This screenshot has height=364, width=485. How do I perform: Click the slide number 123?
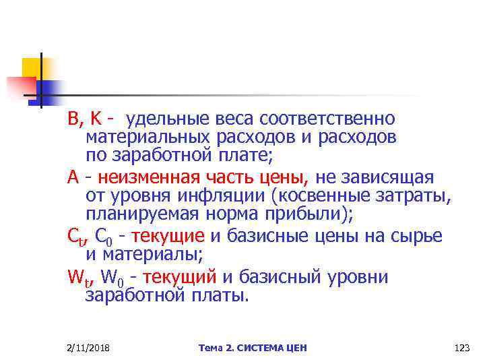462,348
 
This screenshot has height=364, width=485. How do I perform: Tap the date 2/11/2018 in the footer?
89,348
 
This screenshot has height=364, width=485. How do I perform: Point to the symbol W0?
112,278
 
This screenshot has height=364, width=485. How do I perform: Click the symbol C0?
105,237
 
